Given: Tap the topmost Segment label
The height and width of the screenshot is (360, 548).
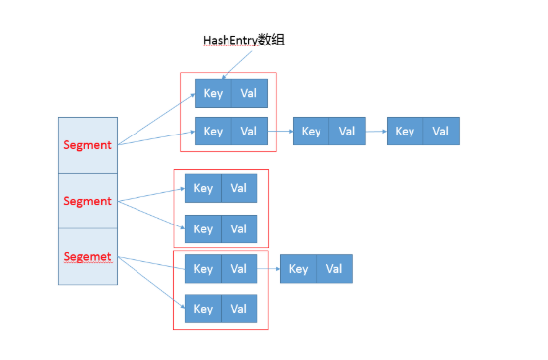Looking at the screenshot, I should [x=87, y=145].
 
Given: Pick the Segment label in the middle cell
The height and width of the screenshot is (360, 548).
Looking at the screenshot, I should [x=87, y=201].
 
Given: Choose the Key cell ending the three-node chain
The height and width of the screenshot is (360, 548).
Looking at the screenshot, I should [x=405, y=132].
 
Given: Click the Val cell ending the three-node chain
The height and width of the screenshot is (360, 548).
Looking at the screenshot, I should [x=441, y=132].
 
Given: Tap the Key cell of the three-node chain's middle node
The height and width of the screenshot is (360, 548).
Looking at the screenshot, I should [x=311, y=132].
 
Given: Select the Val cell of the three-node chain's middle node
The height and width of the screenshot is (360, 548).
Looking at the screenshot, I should [x=347, y=132].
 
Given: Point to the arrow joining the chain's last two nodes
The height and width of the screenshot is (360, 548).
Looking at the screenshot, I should [x=376, y=132].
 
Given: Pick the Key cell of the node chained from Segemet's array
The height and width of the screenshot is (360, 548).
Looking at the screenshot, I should [x=298, y=269].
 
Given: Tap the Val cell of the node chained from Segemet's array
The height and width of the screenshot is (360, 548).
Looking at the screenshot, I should [x=334, y=269].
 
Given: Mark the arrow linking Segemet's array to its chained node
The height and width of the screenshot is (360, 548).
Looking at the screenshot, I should [x=268, y=269].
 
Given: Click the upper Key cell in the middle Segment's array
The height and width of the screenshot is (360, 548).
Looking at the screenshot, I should [x=204, y=188].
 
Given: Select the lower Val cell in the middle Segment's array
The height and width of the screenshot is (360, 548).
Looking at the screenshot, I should [x=238, y=229].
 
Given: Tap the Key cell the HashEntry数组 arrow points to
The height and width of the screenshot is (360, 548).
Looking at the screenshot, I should [x=213, y=94].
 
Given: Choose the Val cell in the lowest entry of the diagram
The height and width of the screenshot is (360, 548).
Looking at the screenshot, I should [x=238, y=309].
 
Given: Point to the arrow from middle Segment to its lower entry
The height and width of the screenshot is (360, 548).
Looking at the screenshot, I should [x=148, y=214].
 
